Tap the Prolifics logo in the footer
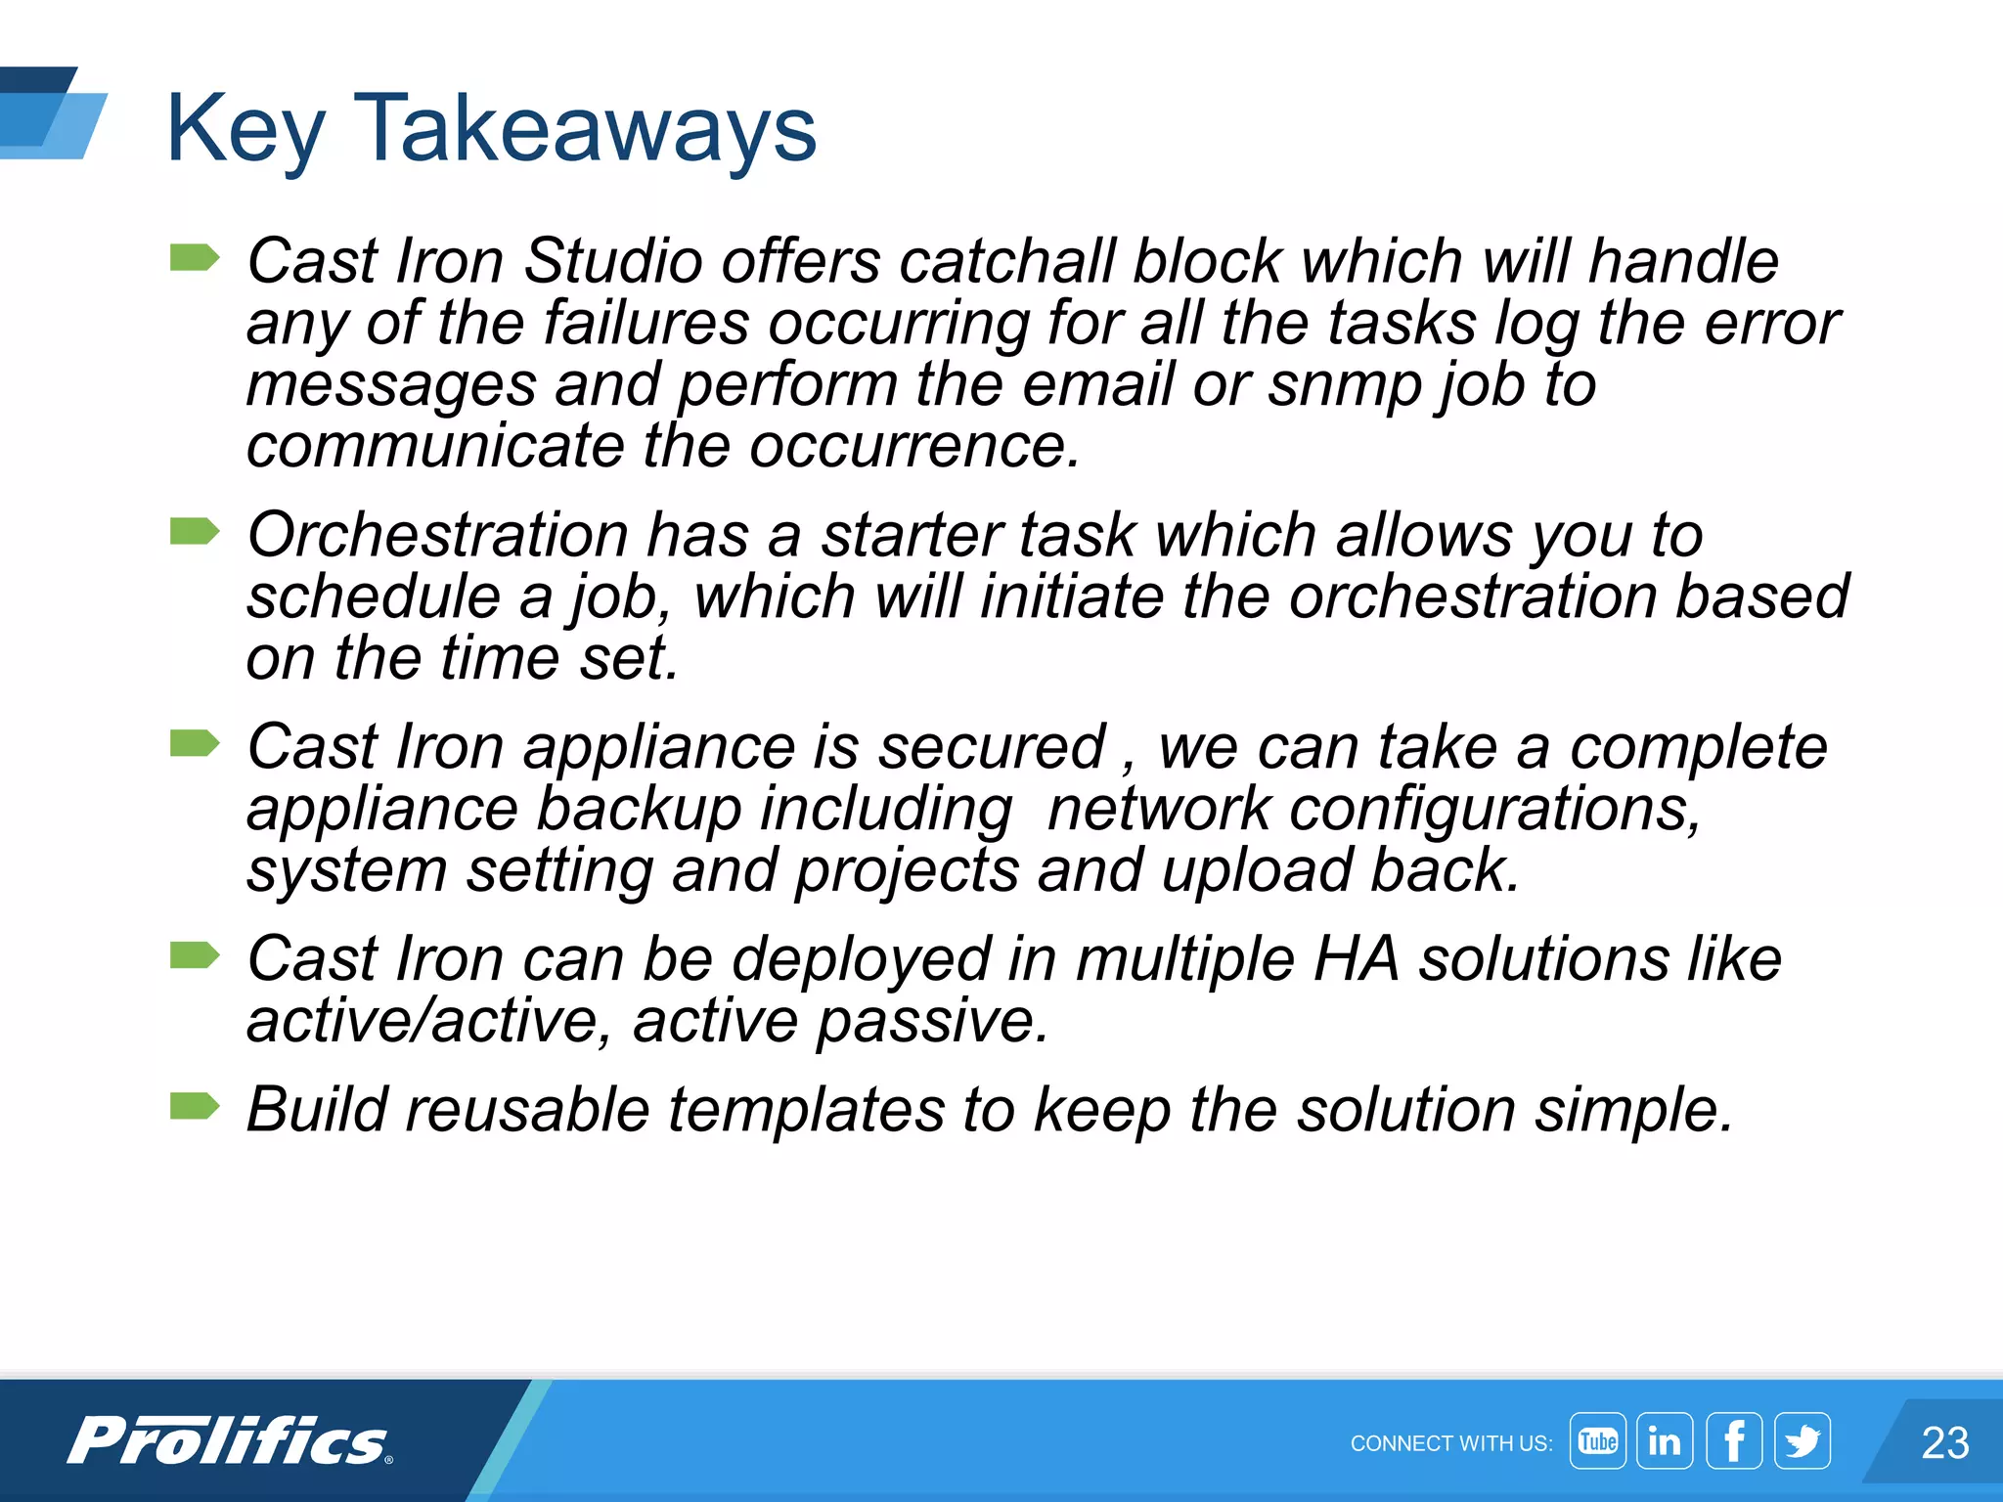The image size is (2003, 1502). (230, 1441)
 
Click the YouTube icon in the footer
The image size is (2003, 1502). (1597, 1440)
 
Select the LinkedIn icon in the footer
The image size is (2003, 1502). (1665, 1440)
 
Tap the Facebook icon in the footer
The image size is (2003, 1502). (1734, 1440)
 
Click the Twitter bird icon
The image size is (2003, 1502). (1803, 1440)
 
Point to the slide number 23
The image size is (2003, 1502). (1944, 1442)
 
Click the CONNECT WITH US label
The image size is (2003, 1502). (1450, 1443)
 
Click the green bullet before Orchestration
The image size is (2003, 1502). (194, 532)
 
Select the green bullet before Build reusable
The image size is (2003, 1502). (194, 1106)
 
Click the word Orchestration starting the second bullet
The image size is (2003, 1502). (437, 535)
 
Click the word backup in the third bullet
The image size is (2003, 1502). (640, 810)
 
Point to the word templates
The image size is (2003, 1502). (806, 1110)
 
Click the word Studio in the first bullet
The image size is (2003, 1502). (612, 261)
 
